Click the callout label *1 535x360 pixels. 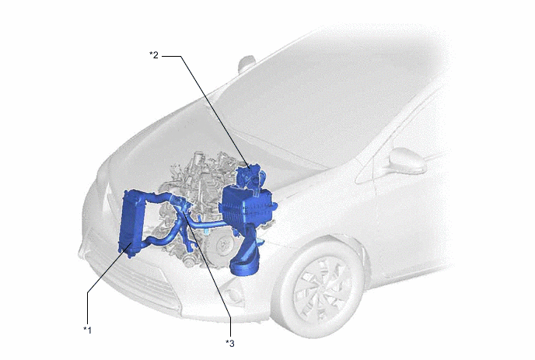tap(88, 330)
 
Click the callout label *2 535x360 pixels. tap(154, 55)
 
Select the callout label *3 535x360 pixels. tap(230, 343)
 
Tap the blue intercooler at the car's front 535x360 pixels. tap(131, 223)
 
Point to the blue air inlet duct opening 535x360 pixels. tap(243, 268)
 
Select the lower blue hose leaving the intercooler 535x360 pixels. tap(160, 238)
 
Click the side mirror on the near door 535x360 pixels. tap(407, 161)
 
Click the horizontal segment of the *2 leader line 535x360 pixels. tap(171, 56)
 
